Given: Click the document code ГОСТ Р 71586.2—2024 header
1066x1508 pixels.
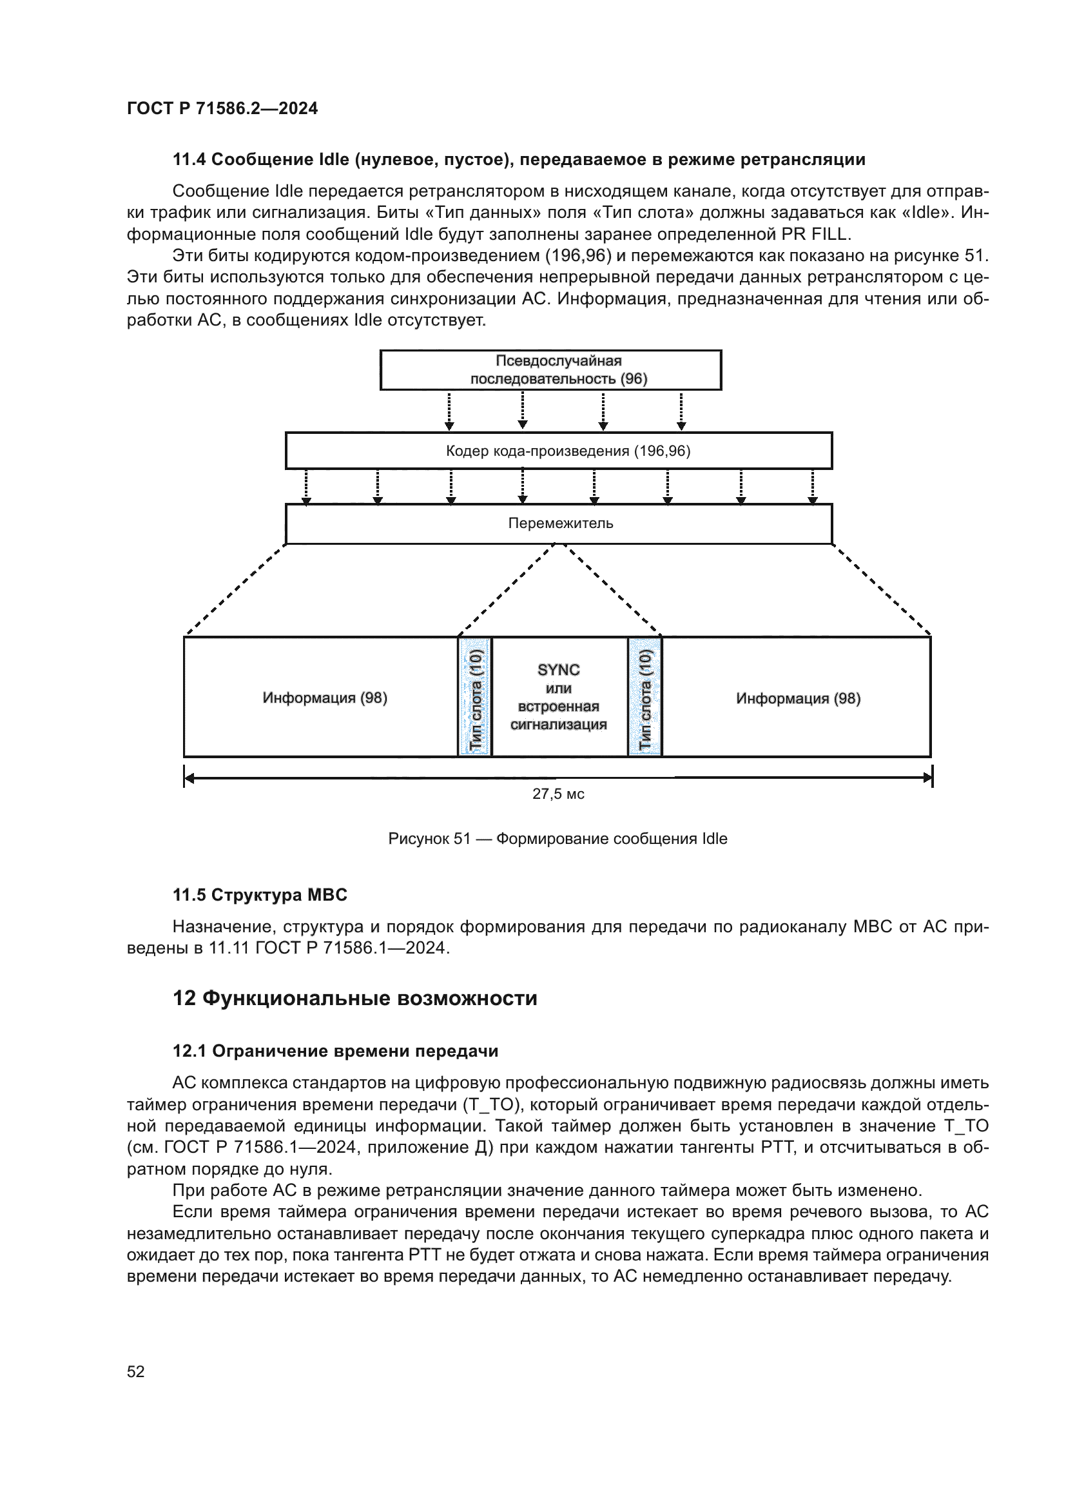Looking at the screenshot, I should tap(222, 109).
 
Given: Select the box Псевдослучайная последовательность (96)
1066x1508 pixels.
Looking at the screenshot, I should tap(550, 370).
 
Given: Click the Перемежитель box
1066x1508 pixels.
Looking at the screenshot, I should tap(559, 524).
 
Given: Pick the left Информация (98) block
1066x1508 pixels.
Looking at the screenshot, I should tap(325, 698).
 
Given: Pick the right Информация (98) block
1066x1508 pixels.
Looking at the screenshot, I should tap(797, 698).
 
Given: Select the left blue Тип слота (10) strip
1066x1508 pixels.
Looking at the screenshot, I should tap(475, 698).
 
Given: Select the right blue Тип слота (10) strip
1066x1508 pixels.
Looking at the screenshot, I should tap(644, 698).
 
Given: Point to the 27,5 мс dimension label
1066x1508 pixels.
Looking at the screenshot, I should tap(558, 794).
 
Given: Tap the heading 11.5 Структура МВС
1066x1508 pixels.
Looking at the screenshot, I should tap(260, 895).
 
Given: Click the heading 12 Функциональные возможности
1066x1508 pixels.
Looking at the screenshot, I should tap(354, 998).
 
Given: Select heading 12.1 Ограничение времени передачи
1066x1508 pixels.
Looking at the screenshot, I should tap(334, 1051).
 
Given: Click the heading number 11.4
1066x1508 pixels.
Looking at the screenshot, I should tap(189, 160).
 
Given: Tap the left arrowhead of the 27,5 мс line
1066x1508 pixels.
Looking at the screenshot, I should tap(189, 778).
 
